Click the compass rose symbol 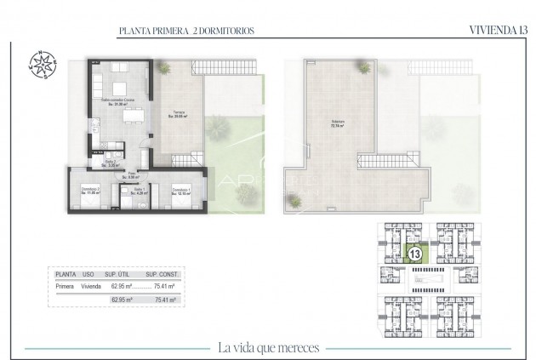pyautogui.click(x=43, y=66)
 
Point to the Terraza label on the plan pyautogui.click(x=179, y=115)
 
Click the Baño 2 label pyautogui.click(x=111, y=162)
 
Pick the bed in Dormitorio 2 pyautogui.click(x=88, y=203)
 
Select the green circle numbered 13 pyautogui.click(x=414, y=254)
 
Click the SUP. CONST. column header pyautogui.click(x=162, y=276)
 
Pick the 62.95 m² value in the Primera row pyautogui.click(x=124, y=288)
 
